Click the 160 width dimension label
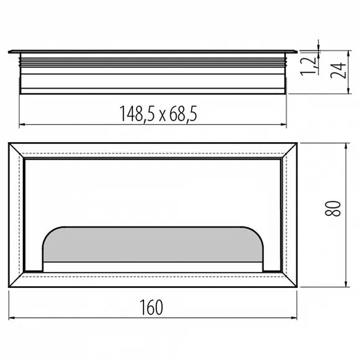tap(151, 307)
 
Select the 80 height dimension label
tap(333, 208)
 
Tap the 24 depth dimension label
tap(338, 70)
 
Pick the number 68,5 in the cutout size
tap(184, 114)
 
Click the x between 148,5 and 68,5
tap(163, 116)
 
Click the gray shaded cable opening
tap(153, 245)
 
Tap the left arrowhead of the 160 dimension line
tap(11, 318)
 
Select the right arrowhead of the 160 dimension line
tap(294, 318)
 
